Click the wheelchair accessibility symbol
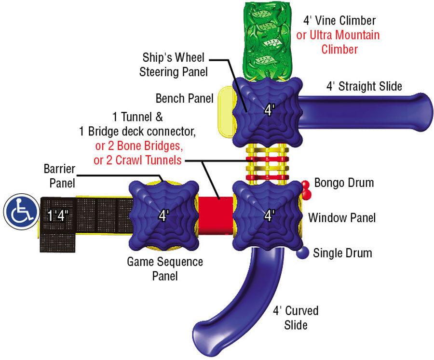(x=21, y=212)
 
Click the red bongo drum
(x=305, y=189)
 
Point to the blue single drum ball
(x=303, y=252)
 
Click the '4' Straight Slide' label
(x=364, y=87)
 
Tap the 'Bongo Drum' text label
(x=344, y=183)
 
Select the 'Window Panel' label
(x=342, y=218)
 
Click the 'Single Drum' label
(x=342, y=253)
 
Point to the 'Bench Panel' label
(x=184, y=99)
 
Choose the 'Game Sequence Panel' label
(x=165, y=269)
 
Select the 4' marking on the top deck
(x=269, y=110)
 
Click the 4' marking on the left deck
(x=164, y=215)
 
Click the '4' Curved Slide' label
(x=296, y=318)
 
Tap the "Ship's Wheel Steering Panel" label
(x=174, y=65)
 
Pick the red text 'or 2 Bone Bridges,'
(x=138, y=146)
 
